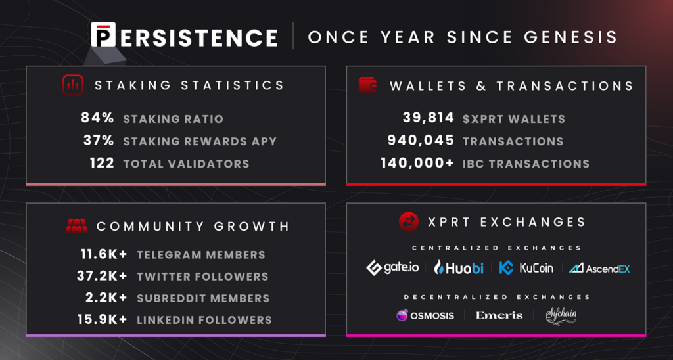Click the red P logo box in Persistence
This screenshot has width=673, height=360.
[x=103, y=34]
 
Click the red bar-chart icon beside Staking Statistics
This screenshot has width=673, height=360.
[x=72, y=85]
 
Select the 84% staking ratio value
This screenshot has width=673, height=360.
[x=97, y=118]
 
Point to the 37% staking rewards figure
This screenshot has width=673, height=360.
[x=99, y=141]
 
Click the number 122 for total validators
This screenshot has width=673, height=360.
[x=102, y=163]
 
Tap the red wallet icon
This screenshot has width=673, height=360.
[x=368, y=85]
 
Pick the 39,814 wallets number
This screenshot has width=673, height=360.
[x=428, y=118]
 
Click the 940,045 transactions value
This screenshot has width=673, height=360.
[x=421, y=141]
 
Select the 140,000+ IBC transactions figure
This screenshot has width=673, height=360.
[x=417, y=163]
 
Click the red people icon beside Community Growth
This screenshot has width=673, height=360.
[x=77, y=226]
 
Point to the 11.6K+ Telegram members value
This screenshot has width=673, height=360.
[x=104, y=254]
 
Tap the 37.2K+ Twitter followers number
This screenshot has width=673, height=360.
[x=102, y=276]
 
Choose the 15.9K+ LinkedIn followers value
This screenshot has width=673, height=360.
[x=103, y=320]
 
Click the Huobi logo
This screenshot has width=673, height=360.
[x=459, y=268]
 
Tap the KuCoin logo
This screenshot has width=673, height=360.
[x=526, y=268]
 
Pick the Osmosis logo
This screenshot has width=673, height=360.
[x=425, y=315]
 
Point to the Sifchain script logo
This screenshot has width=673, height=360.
[x=561, y=316]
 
